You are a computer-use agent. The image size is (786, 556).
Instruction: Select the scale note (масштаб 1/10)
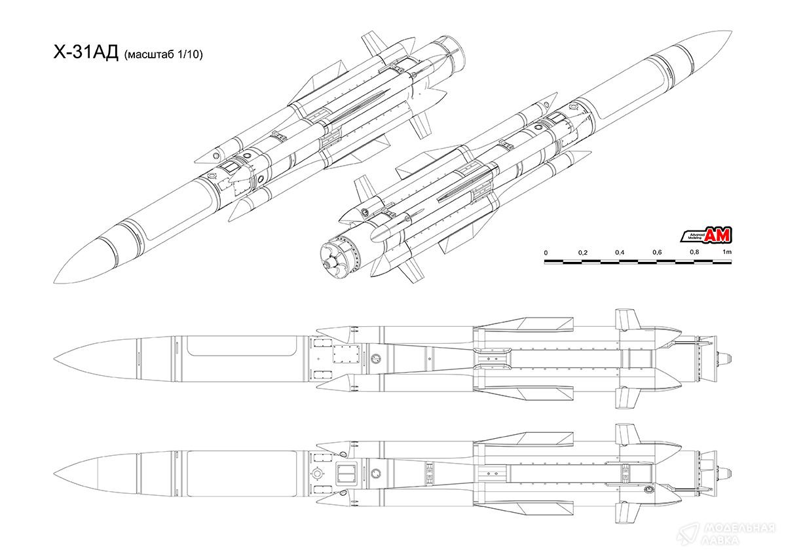[x=162, y=56]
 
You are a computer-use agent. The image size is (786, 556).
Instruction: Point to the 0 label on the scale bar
[x=546, y=253]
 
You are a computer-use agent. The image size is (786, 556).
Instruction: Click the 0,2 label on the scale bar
[x=582, y=253]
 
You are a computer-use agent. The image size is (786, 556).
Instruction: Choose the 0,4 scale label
[x=620, y=253]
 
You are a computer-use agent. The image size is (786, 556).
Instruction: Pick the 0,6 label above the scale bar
[x=657, y=253]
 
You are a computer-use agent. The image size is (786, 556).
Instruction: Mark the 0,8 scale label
[x=694, y=253]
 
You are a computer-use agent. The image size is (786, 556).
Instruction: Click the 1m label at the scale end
[x=726, y=253]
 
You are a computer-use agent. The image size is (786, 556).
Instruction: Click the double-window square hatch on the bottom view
[x=345, y=473]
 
